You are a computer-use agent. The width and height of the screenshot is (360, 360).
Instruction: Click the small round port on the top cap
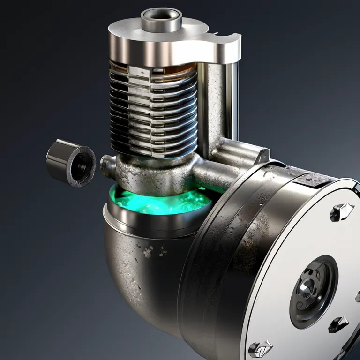pos(161,16)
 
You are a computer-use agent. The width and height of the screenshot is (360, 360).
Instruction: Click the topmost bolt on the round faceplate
pos(341,212)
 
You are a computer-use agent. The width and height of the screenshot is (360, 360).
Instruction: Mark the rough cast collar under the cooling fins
pos(155,173)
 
